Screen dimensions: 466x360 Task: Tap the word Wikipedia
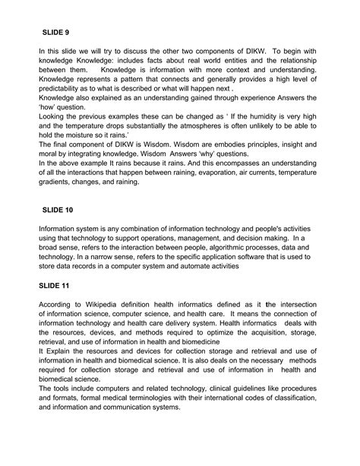[105, 304]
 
